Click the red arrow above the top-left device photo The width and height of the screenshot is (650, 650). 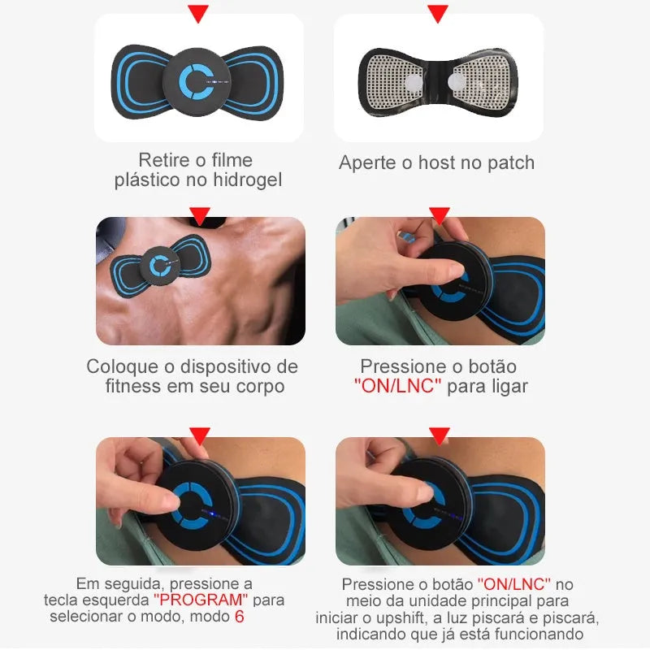click(198, 13)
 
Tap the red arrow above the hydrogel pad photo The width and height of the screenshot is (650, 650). click(438, 13)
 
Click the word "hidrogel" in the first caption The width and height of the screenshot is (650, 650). click(248, 180)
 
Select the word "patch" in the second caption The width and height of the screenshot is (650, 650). click(511, 163)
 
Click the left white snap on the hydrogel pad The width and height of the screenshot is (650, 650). click(413, 82)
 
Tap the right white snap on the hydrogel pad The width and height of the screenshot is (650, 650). click(456, 81)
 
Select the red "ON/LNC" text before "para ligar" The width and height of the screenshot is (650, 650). click(397, 386)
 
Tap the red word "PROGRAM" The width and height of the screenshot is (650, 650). click(201, 600)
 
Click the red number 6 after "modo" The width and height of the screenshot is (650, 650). click(239, 617)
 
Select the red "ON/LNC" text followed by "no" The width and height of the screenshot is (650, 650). click(514, 584)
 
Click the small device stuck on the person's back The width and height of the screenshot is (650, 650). click(160, 266)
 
